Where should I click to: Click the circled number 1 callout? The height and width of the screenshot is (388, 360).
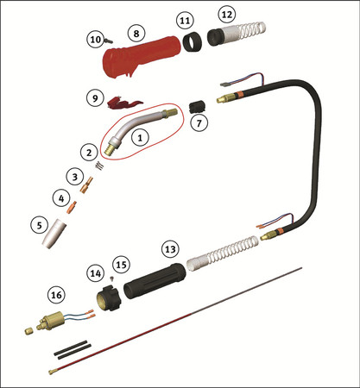click(140, 138)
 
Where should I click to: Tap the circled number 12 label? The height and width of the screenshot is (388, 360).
click(227, 15)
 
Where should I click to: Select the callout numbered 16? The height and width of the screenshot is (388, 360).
click(56, 295)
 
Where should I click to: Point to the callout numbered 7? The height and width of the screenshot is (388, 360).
click(199, 122)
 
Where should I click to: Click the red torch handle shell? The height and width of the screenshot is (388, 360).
click(138, 58)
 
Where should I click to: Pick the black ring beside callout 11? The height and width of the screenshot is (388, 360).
click(192, 42)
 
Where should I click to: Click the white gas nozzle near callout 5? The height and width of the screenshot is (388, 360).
click(54, 234)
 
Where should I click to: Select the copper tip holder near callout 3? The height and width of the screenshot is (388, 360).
click(86, 185)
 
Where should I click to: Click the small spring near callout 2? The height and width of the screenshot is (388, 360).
click(98, 166)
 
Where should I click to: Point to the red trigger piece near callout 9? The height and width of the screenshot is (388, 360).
click(123, 103)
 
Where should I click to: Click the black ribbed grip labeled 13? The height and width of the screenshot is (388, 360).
click(155, 280)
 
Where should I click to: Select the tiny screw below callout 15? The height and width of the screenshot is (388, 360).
click(112, 278)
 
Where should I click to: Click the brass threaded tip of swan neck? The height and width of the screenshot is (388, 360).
click(111, 148)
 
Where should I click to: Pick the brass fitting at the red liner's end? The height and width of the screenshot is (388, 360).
click(52, 372)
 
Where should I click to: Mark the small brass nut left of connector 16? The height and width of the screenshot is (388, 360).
click(28, 331)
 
